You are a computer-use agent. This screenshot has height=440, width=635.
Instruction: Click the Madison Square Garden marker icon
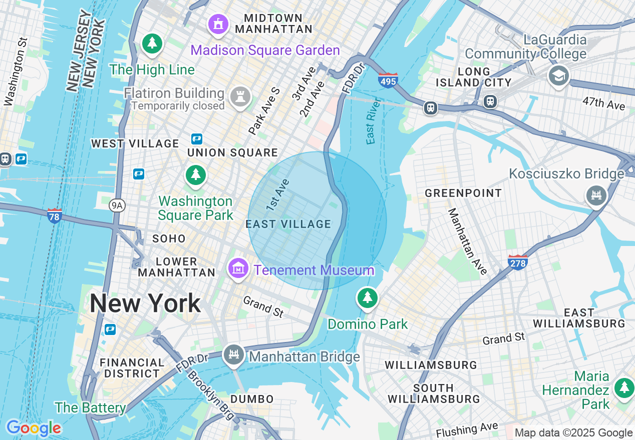tap(218, 24)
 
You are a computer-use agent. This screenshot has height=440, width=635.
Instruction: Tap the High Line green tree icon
tap(152, 43)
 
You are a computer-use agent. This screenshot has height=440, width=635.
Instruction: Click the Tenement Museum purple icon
tap(238, 268)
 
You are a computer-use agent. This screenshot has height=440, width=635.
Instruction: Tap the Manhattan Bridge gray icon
tap(233, 354)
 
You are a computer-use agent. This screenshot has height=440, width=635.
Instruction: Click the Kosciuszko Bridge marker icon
tap(596, 195)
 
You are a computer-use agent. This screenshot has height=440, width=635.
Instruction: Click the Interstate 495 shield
tap(388, 80)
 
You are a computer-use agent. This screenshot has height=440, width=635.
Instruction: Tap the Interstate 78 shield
tap(55, 215)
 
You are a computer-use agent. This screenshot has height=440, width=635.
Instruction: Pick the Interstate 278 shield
tap(517, 261)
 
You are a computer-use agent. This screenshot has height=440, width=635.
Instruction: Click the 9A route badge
tap(116, 204)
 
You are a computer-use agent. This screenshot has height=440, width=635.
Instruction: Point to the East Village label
tap(288, 224)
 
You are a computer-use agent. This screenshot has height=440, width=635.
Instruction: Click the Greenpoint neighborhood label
tap(463, 193)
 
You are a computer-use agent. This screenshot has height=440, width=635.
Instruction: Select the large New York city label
tap(145, 303)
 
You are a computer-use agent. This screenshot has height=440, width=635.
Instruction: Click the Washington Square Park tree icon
tap(196, 175)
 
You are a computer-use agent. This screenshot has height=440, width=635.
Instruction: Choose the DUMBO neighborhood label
tap(252, 399)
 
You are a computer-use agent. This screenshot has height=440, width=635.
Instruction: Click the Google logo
tap(34, 428)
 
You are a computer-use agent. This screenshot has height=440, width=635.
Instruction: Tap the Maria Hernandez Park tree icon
tap(623, 387)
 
